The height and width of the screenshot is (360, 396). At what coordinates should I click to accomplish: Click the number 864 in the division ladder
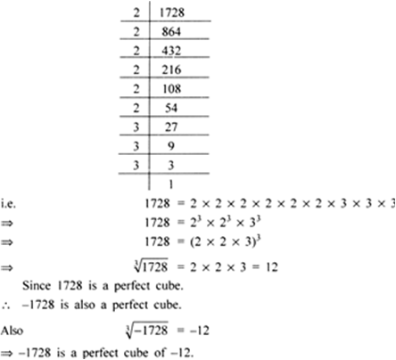(171, 31)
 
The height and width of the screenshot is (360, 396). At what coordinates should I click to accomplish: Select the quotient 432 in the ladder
(171, 51)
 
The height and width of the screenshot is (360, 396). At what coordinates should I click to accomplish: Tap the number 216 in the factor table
(171, 70)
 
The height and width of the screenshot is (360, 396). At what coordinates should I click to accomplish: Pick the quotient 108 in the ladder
(171, 89)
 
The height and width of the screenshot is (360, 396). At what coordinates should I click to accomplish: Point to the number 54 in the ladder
(171, 108)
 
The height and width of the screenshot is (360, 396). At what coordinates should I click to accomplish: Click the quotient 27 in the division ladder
(171, 127)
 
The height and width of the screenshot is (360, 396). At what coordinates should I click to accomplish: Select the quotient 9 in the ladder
(171, 146)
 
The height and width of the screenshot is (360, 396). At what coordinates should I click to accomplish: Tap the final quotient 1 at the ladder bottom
(170, 184)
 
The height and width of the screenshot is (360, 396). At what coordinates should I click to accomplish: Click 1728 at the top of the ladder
(172, 12)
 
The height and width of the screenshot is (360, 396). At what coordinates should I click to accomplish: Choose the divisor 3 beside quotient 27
(136, 127)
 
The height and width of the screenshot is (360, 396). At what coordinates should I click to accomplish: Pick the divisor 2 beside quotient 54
(136, 108)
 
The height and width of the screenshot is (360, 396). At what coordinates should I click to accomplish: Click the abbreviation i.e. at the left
(8, 204)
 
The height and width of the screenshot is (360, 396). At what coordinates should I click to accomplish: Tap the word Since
(37, 286)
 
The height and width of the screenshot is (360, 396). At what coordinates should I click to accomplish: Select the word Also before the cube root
(12, 331)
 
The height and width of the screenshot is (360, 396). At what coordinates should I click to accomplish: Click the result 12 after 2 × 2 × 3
(272, 267)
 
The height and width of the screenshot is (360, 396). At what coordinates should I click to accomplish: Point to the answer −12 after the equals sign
(200, 331)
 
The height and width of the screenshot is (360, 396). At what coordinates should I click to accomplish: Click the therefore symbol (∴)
(6, 306)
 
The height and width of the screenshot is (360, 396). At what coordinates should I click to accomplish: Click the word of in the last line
(160, 353)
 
